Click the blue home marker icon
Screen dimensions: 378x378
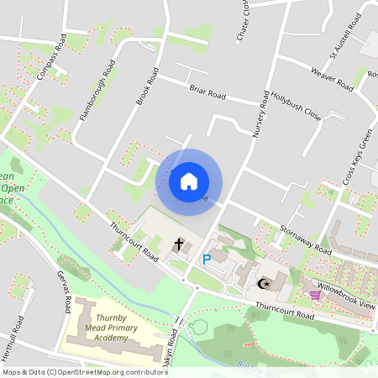click(189, 181)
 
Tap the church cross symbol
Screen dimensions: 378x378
click(178, 244)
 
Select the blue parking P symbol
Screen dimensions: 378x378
click(206, 260)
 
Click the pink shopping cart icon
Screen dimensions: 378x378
click(315, 295)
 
